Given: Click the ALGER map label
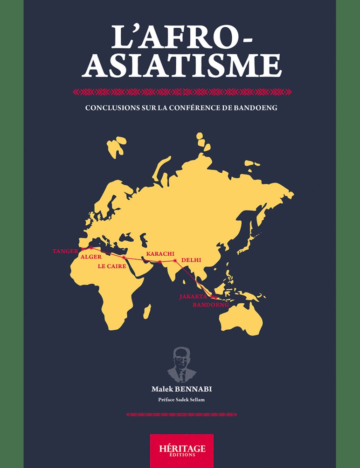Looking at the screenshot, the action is [x=91, y=257].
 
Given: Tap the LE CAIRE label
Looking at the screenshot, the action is [x=112, y=266].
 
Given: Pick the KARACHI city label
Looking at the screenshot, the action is [x=160, y=253].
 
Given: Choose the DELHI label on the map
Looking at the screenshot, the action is [x=191, y=260].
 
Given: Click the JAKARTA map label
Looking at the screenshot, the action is [x=193, y=296].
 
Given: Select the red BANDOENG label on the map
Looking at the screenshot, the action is [x=211, y=305].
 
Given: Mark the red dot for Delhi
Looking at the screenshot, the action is [x=175, y=261].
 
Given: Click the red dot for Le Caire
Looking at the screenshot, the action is [x=124, y=257].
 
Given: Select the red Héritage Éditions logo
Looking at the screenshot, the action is [x=182, y=450].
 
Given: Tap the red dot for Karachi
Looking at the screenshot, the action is [x=160, y=262].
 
